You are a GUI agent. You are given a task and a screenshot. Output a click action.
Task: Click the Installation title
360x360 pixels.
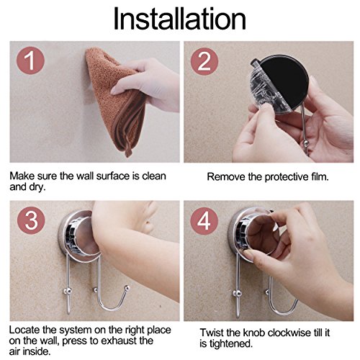(180, 19)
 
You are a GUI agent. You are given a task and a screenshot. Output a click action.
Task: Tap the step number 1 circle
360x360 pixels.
(30, 60)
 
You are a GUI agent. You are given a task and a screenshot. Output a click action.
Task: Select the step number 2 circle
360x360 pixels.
(204, 61)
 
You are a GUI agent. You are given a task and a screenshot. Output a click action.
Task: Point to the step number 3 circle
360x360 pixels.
(31, 220)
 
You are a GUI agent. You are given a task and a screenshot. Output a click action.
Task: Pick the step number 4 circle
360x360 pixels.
(204, 221)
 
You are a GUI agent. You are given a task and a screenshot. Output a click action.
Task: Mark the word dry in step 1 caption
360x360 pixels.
(37, 187)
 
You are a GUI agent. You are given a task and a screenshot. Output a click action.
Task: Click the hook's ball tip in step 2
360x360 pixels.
(305, 143)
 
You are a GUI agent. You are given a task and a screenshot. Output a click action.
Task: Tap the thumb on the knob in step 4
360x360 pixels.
(252, 254)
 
